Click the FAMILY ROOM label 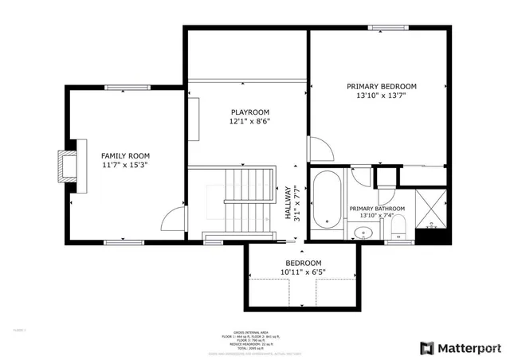click(x=124, y=155)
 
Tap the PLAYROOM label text click(x=249, y=112)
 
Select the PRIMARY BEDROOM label click(x=381, y=86)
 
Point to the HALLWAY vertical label click(x=288, y=203)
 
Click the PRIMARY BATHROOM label click(x=377, y=209)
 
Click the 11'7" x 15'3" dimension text click(x=124, y=165)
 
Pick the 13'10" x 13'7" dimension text click(x=381, y=96)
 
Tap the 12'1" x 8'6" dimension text click(x=249, y=122)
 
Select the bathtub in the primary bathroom click(x=326, y=200)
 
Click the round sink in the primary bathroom click(x=363, y=233)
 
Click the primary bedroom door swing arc click(x=317, y=147)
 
